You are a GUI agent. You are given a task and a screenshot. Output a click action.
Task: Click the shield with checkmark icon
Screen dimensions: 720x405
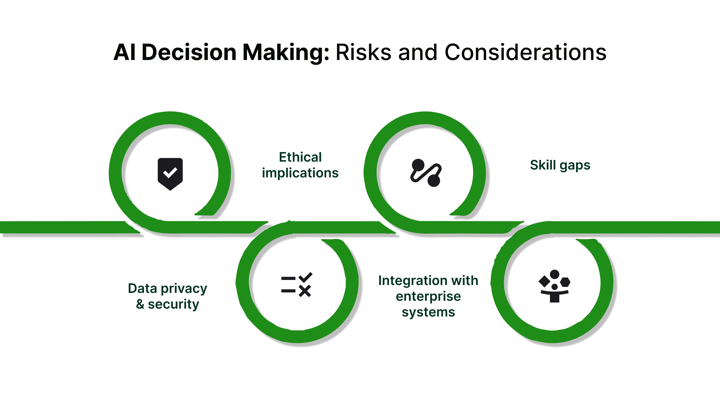170,174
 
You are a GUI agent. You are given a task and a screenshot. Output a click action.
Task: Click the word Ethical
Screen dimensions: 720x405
300,157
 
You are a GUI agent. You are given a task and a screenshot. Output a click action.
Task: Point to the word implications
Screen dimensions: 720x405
300,173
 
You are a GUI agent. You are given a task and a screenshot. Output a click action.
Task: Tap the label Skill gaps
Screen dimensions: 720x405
560,165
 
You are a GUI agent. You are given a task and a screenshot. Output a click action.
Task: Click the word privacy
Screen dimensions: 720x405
184,289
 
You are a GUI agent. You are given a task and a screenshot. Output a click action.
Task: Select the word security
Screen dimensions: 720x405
173,304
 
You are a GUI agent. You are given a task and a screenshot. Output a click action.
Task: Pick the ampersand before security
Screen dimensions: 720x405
140,304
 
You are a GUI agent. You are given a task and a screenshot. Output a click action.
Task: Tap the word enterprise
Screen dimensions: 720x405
428,297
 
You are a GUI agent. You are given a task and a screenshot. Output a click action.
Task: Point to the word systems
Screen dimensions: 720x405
428,312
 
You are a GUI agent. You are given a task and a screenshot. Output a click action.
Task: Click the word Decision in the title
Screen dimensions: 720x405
189,52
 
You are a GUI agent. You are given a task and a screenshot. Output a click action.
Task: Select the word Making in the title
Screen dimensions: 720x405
286,53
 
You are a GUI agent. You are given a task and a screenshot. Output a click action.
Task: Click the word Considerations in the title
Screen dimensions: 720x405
525,52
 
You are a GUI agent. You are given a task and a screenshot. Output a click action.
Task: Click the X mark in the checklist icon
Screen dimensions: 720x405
305,291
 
